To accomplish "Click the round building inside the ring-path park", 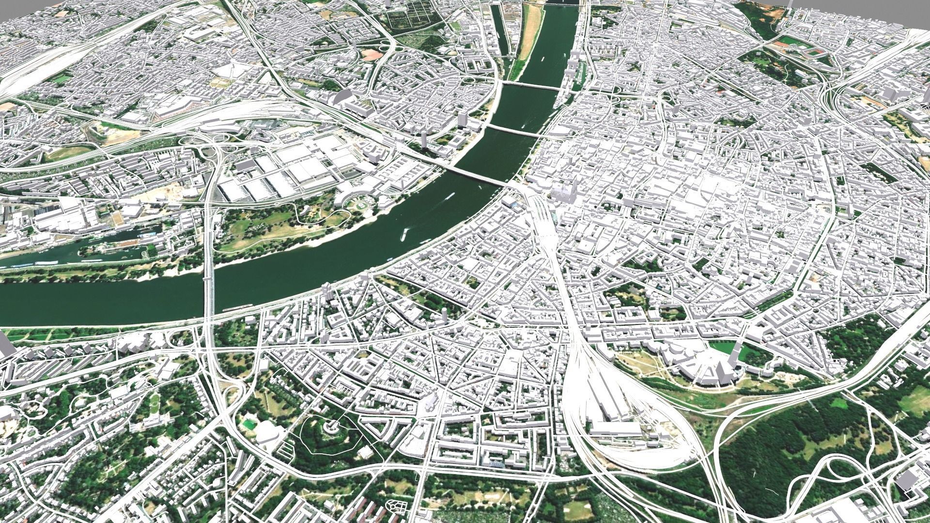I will pyautogui.click(x=331, y=427).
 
